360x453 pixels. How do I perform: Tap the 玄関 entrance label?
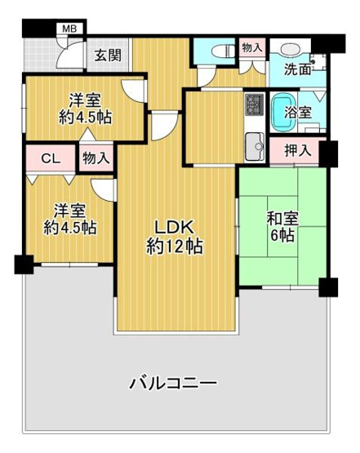pos(107,56)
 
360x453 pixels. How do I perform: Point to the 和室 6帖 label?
pos(282,227)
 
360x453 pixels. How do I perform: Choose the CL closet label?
pos(50,159)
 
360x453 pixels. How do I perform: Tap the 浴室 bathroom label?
pos(296,113)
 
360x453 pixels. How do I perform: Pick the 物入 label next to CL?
pos(96,158)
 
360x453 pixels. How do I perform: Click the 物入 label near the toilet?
pos(252,49)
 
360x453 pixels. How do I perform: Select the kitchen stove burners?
pos(253,105)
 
